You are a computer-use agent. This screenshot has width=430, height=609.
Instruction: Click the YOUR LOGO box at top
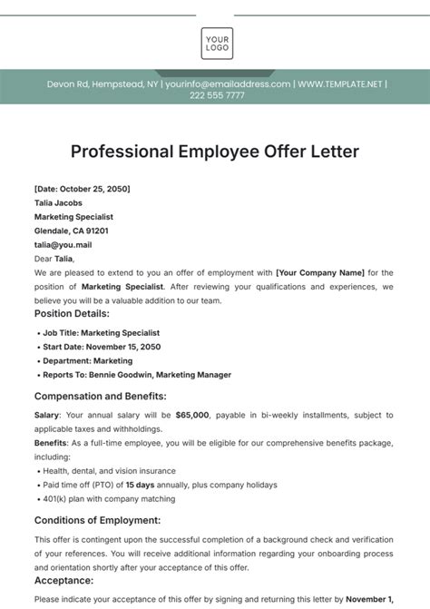click(217, 44)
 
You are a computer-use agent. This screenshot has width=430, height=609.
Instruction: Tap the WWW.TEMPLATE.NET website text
click(341, 84)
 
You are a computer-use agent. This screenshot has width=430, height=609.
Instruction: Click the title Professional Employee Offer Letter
click(214, 151)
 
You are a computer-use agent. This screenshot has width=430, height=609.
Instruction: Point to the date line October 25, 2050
click(82, 189)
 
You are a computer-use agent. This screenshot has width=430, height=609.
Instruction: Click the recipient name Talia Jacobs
click(61, 203)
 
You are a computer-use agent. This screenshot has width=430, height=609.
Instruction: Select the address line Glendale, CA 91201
click(74, 231)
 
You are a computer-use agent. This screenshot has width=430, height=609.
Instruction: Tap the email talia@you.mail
click(64, 244)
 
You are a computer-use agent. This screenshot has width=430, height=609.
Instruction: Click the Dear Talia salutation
click(54, 258)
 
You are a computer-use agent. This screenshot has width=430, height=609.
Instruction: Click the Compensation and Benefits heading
click(100, 396)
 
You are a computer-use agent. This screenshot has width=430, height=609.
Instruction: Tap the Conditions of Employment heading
click(97, 520)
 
